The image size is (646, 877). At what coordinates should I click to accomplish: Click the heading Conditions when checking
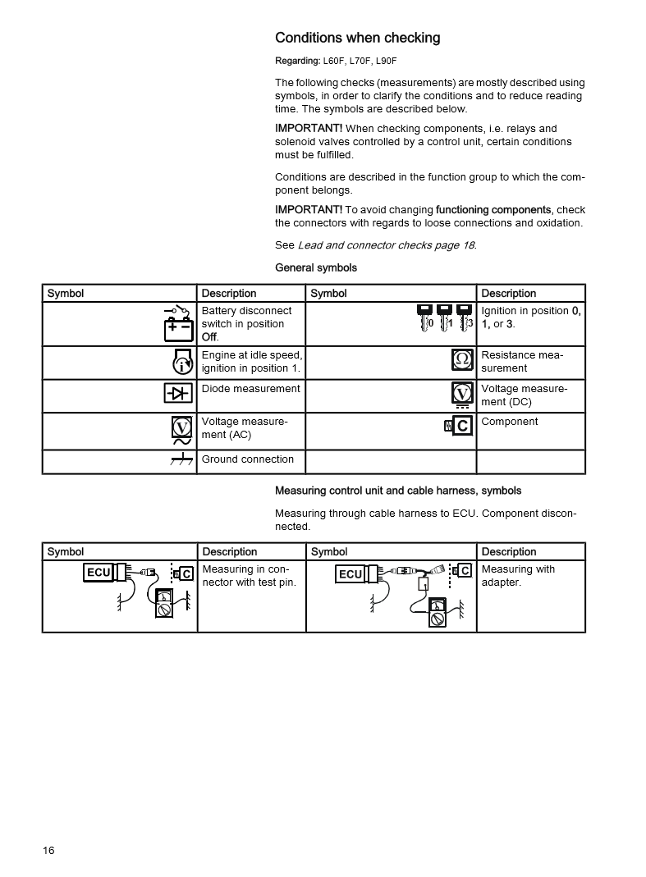[357, 38]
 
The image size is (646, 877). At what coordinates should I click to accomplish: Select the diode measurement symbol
[177, 394]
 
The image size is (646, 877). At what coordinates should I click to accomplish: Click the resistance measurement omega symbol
[463, 360]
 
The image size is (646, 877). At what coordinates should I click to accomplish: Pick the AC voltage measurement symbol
[181, 430]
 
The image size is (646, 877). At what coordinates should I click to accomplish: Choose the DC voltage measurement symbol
[463, 395]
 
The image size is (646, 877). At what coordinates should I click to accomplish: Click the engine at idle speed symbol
[182, 362]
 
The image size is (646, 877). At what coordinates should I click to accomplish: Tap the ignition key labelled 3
[465, 317]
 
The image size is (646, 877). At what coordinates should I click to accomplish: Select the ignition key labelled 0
[425, 317]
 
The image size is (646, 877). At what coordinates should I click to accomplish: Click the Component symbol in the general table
[459, 425]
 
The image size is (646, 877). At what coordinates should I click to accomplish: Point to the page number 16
[48, 850]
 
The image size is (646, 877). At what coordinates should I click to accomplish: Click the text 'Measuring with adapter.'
[518, 576]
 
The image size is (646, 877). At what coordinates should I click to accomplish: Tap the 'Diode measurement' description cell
[250, 389]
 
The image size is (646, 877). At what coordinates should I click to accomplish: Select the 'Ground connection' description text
[247, 459]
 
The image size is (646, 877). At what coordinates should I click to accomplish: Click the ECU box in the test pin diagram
[98, 572]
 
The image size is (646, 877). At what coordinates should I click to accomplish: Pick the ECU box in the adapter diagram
[350, 574]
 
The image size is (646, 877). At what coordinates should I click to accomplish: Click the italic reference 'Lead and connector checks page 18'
[386, 245]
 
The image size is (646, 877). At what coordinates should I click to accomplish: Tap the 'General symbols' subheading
[316, 267]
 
